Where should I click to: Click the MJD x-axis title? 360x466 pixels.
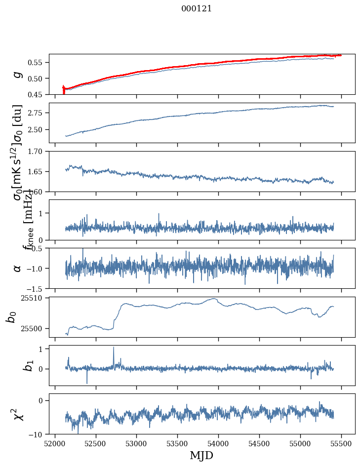pos(201,455)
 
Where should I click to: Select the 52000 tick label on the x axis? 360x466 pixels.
pos(55,443)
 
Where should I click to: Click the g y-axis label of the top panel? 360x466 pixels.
pos(18,74)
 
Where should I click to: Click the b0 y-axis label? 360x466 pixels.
pos(11,317)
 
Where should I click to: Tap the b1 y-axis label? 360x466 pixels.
pos(15,365)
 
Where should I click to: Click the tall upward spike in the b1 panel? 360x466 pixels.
pos(114,348)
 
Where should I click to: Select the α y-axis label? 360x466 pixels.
pos(18,268)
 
